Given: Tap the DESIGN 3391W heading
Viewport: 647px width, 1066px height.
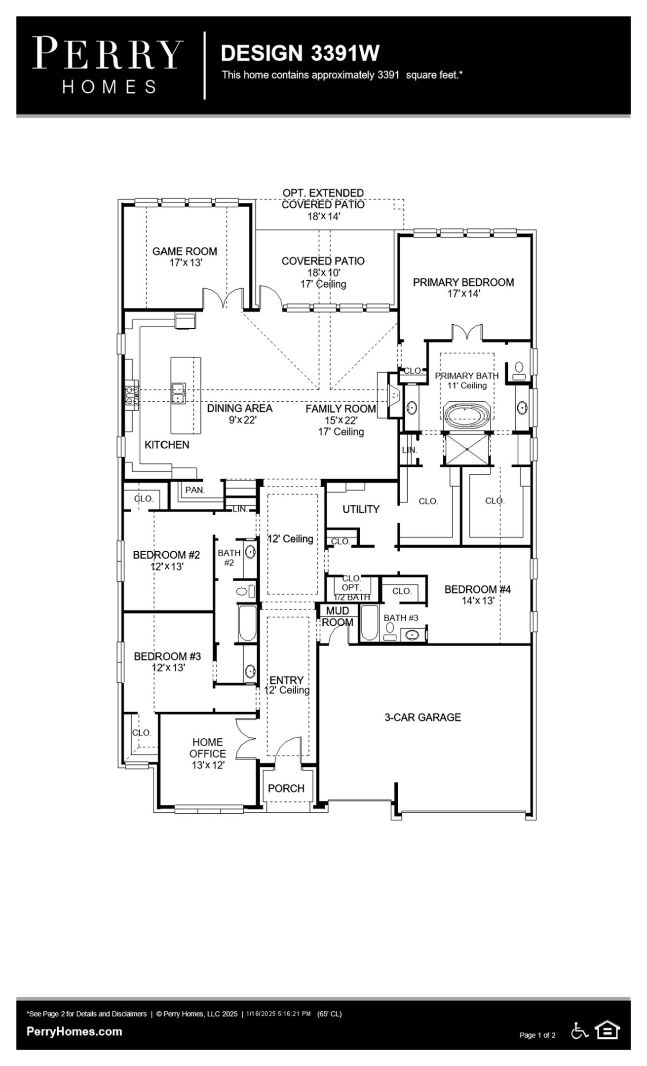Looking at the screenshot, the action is (x=300, y=53).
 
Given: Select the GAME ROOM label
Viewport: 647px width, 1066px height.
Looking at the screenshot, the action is (x=185, y=251).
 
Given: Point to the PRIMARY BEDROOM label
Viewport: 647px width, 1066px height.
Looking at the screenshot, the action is (x=463, y=282).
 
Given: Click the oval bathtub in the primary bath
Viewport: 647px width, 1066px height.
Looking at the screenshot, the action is (x=467, y=413).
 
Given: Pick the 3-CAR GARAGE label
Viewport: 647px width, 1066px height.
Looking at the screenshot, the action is (x=423, y=717).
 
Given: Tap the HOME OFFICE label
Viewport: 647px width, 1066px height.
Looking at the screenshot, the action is (x=208, y=748).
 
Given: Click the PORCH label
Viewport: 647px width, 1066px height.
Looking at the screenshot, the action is (x=286, y=788).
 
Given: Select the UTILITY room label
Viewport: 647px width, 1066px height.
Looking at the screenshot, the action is (x=361, y=509).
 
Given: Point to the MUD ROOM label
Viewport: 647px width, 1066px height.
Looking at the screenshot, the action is (x=338, y=617).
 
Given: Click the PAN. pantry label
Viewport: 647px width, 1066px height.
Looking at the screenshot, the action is (x=195, y=490).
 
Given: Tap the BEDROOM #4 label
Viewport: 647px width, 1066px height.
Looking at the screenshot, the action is (x=478, y=589).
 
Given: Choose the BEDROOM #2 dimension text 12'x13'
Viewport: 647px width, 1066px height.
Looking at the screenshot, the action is (x=167, y=567).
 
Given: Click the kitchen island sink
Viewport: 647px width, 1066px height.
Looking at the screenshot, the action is (x=178, y=393).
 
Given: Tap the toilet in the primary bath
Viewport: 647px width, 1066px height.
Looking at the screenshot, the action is (x=519, y=370).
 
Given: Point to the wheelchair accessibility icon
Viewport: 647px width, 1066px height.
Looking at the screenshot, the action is (x=579, y=1030).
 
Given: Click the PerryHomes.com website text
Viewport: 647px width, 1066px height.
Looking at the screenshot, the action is (x=74, y=1031).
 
